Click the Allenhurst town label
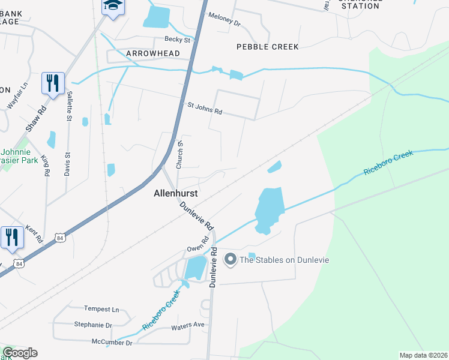point(175,194)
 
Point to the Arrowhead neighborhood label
point(153,53)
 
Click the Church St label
point(179,155)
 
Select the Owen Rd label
point(197,244)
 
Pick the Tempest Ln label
point(101,309)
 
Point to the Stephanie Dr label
point(93,325)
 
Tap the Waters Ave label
point(188,326)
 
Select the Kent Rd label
point(35,235)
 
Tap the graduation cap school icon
point(111,6)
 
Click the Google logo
point(20,353)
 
